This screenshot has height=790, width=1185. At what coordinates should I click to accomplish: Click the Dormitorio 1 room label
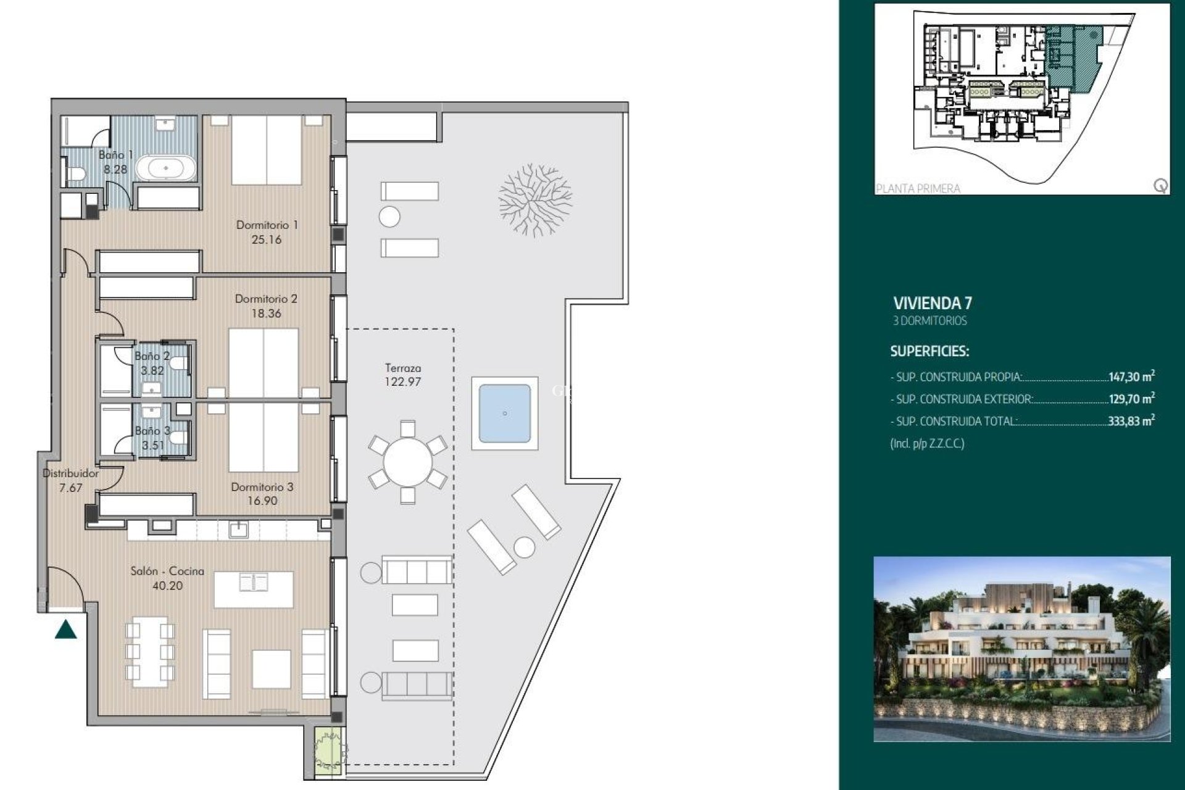coord(267,225)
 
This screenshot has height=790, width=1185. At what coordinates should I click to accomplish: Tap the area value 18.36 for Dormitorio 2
coord(266,314)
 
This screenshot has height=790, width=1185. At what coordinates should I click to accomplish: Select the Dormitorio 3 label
coord(262,487)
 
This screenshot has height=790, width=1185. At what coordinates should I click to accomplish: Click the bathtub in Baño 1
coord(165,168)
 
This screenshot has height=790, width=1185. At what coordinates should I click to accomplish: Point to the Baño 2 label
coord(152,356)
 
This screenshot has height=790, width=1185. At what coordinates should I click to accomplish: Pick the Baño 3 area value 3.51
coord(153,445)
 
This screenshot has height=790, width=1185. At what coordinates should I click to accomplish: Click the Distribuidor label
coord(70,473)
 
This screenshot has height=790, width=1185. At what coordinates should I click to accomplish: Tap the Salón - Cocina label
coord(167,572)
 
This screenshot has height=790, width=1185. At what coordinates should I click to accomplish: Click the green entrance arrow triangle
coord(66,630)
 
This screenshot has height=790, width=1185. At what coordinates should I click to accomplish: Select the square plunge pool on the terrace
coord(505,413)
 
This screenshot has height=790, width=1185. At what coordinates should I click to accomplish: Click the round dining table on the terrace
coord(407,462)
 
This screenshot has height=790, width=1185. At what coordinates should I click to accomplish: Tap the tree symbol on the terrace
coord(535,199)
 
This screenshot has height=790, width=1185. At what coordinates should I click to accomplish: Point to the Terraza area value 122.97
coord(402,382)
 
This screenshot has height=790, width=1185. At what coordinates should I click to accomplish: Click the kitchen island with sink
coord(254,589)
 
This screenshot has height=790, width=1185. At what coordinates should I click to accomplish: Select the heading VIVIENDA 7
coord(933,303)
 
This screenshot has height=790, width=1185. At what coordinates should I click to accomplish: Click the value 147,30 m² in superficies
coord(1131,376)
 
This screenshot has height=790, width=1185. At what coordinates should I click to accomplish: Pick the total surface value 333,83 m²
coord(1131,422)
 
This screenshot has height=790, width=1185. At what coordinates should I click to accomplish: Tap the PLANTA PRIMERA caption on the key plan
coord(918,189)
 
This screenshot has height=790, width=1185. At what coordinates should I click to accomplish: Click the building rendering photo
coord(1021,649)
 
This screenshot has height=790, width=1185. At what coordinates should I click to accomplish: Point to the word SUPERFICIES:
coord(929,352)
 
